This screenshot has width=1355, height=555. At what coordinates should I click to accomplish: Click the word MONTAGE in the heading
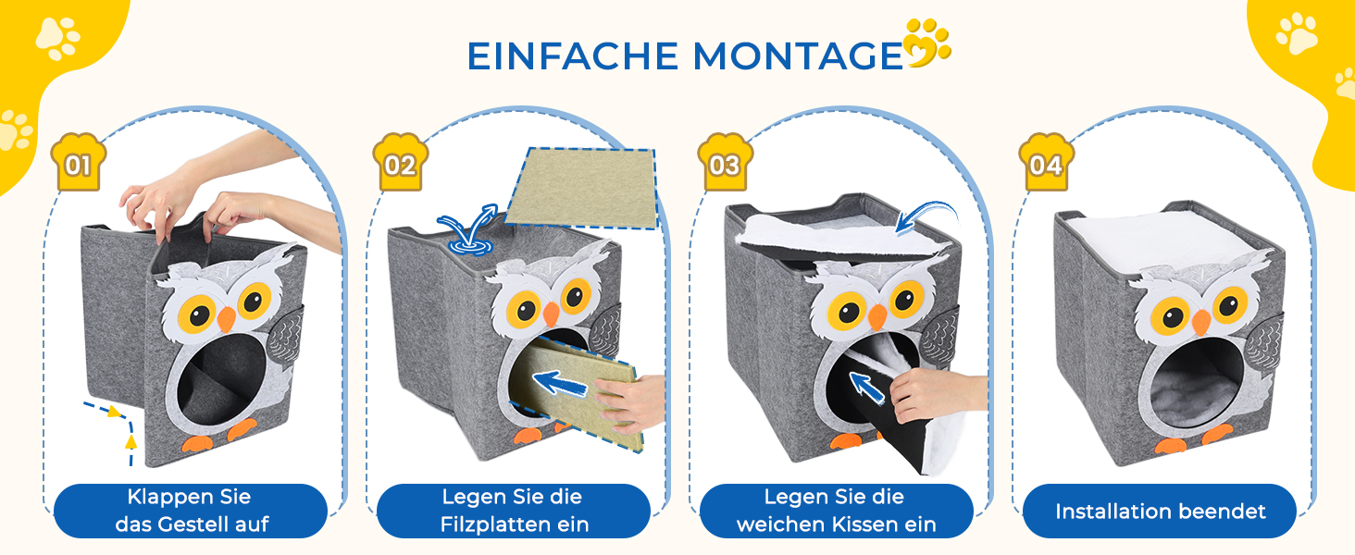[x=798, y=56]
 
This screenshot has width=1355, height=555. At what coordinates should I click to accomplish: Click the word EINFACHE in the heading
[x=572, y=56]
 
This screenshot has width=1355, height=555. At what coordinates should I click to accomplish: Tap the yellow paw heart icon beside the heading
[x=926, y=43]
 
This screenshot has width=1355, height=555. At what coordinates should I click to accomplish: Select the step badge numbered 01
[x=78, y=162]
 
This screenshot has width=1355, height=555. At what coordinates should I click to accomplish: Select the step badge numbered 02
[x=400, y=162]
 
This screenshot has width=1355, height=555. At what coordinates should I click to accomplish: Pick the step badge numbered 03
[x=725, y=162]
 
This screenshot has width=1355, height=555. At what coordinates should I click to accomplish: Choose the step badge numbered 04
[x=1046, y=162]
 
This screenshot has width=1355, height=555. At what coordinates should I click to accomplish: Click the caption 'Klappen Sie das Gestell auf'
[x=191, y=511]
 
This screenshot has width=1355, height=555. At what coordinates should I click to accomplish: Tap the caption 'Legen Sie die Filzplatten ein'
[x=514, y=511]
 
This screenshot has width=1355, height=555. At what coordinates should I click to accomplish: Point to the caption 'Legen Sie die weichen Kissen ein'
[x=836, y=511]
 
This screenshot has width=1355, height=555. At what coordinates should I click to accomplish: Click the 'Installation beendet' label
[x=1161, y=512]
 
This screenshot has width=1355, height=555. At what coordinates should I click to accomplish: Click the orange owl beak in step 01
[x=226, y=318]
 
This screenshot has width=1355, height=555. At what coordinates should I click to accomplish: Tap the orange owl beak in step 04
[x=1200, y=322]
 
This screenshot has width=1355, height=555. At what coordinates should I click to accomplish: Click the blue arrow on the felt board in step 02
[x=560, y=383]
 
